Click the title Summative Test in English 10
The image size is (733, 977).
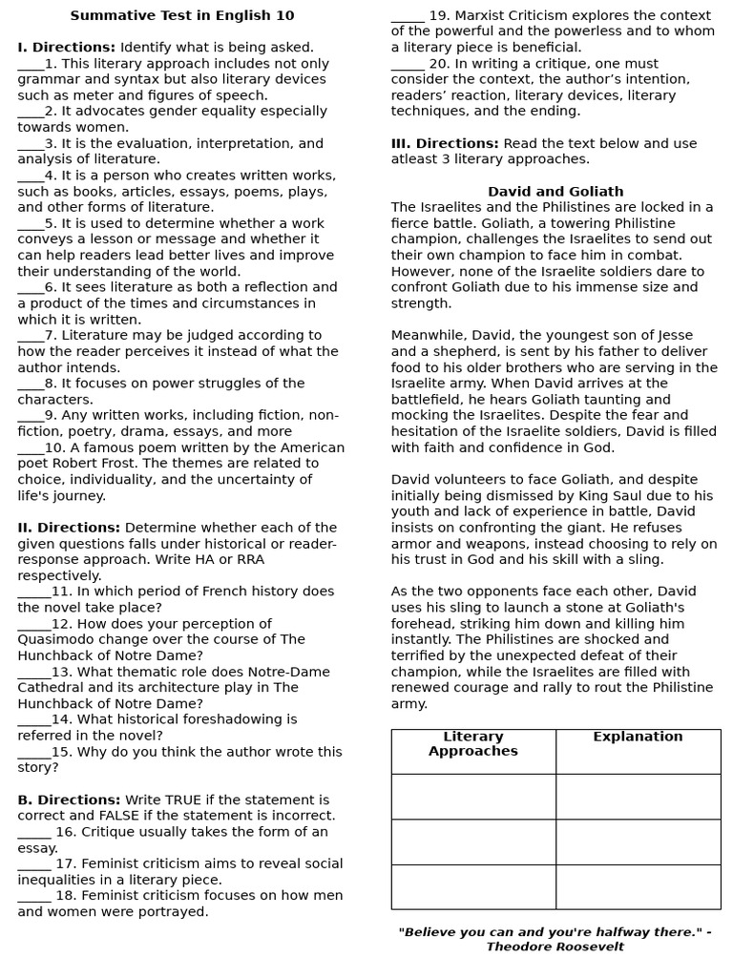181,15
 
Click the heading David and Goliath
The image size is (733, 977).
555,191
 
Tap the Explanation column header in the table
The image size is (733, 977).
638,737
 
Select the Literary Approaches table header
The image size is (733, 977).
473,743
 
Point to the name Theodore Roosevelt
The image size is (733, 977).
555,946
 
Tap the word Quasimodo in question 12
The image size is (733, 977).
56,639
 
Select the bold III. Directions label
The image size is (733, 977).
444,143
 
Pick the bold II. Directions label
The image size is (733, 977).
69,528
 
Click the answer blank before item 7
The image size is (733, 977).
31,336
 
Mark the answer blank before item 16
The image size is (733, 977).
34,833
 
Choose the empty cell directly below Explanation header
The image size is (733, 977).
638,797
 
